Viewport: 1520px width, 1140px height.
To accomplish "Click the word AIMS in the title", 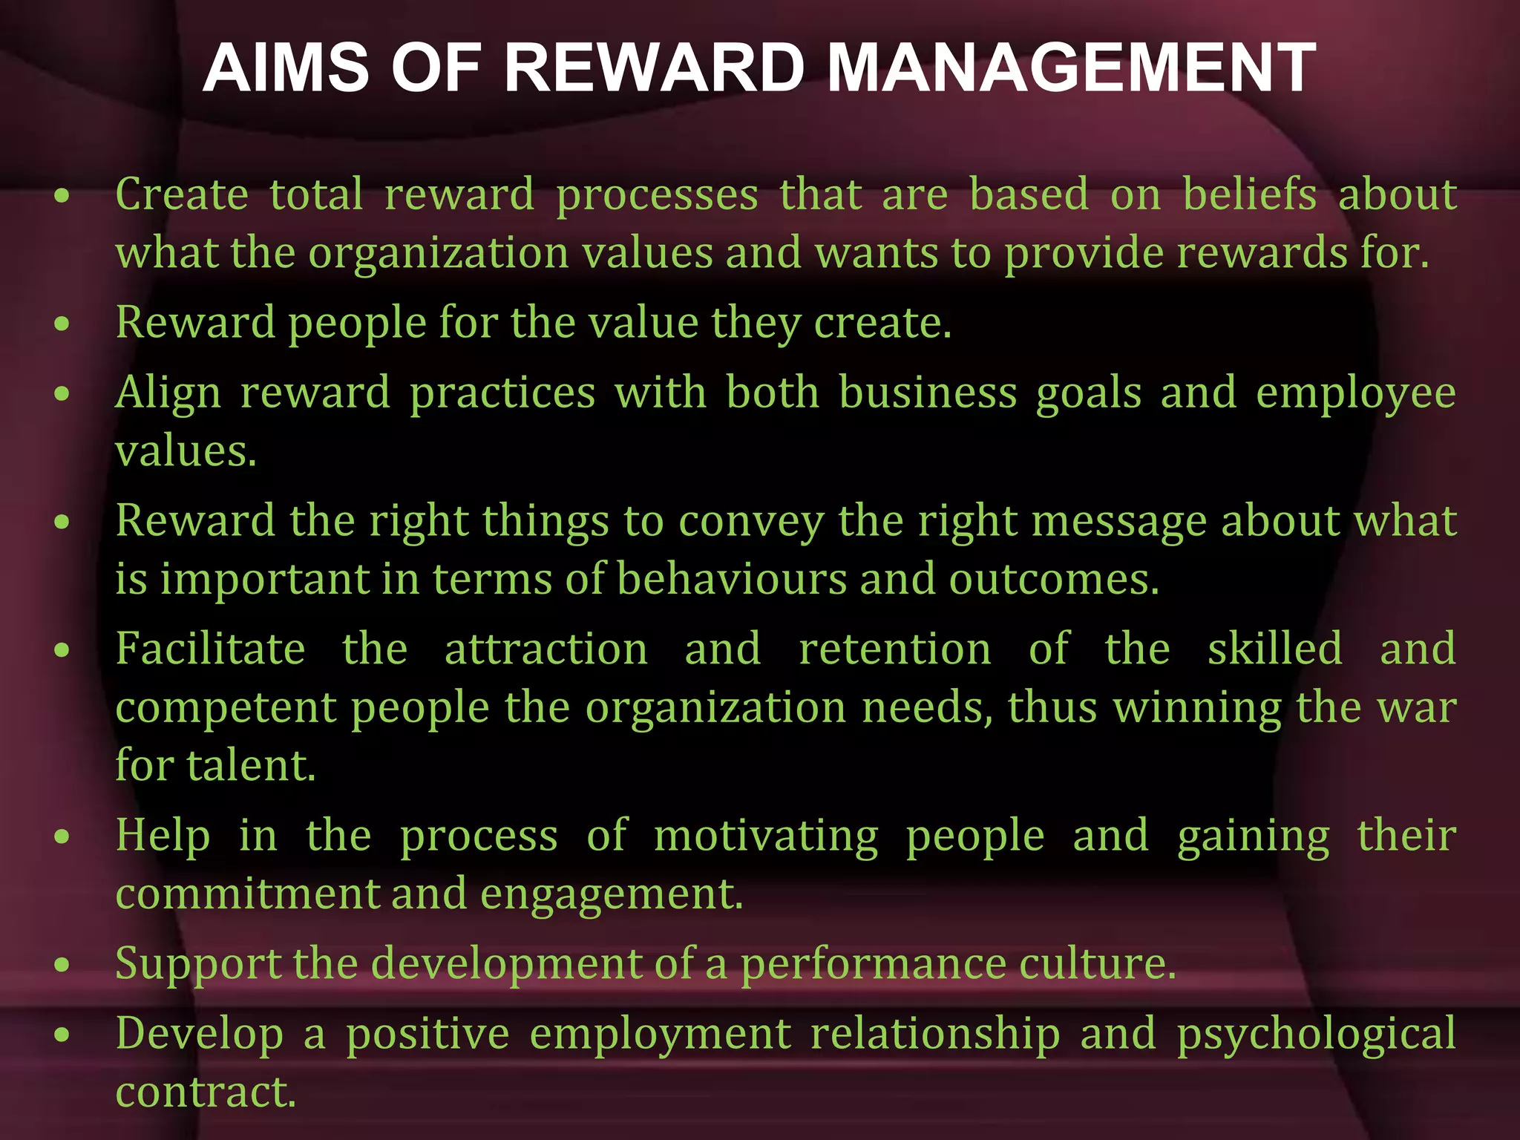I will (286, 68).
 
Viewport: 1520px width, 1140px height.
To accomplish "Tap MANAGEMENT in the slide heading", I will (1070, 68).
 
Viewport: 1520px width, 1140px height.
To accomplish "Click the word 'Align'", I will (168, 393).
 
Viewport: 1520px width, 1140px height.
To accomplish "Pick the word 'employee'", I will (1355, 393).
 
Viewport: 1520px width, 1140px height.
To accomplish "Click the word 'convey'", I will (751, 522).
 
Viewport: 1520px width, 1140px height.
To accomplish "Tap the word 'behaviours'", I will (731, 579).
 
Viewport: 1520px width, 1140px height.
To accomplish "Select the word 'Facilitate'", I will (211, 649).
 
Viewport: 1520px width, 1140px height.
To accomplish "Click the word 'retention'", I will (895, 649).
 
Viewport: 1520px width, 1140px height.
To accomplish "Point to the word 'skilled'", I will (1275, 649).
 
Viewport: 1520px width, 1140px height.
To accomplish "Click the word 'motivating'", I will (766, 836).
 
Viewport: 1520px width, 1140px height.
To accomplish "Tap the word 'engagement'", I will (610, 894).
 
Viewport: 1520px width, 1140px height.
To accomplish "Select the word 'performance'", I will (874, 964).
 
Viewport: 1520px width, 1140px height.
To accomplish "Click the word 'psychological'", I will (1317, 1035).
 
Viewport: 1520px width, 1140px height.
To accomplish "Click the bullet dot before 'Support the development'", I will (62, 965).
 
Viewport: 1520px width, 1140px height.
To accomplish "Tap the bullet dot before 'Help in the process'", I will (62, 837).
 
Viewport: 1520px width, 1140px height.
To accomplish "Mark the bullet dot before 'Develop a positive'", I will (62, 1035).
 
